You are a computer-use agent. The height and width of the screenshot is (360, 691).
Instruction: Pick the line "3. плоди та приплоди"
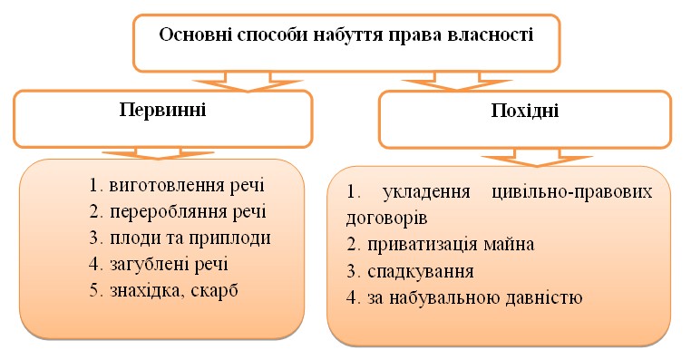180,238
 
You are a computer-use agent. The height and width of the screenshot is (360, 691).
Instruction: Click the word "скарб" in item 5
223,291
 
